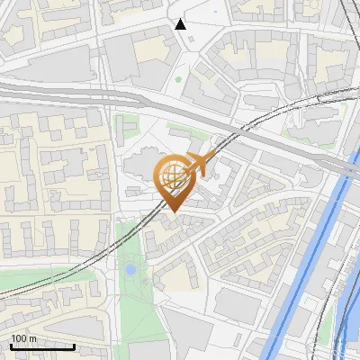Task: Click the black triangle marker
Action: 181,24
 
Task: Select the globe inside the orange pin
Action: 172,176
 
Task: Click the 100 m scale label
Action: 23,338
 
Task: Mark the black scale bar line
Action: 41,346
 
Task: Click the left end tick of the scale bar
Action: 10,345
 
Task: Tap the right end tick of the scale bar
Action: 74,345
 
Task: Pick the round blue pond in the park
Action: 130,268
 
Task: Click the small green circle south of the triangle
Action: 178,79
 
